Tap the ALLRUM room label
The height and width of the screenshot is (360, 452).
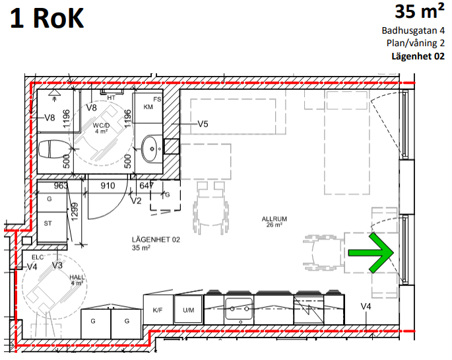[274, 219]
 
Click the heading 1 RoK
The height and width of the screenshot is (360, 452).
[47, 18]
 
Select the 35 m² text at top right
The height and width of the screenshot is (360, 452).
[420, 11]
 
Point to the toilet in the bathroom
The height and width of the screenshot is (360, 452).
[55, 149]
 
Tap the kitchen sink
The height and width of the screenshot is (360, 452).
[239, 308]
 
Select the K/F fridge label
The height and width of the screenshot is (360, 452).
[158, 310]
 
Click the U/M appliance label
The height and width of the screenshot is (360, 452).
[189, 310]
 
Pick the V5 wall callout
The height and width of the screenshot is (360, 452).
[203, 124]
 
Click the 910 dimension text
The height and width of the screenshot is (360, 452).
[108, 186]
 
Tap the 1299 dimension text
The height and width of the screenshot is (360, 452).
[75, 212]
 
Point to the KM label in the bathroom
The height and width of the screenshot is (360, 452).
[148, 107]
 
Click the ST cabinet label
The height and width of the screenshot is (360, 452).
[48, 223]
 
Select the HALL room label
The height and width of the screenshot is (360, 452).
[77, 277]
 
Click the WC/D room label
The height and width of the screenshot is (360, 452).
[101, 126]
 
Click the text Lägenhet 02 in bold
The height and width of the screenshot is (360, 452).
[418, 56]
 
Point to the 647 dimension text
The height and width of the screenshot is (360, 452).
[146, 186]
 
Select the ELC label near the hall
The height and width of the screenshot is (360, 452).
[38, 258]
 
